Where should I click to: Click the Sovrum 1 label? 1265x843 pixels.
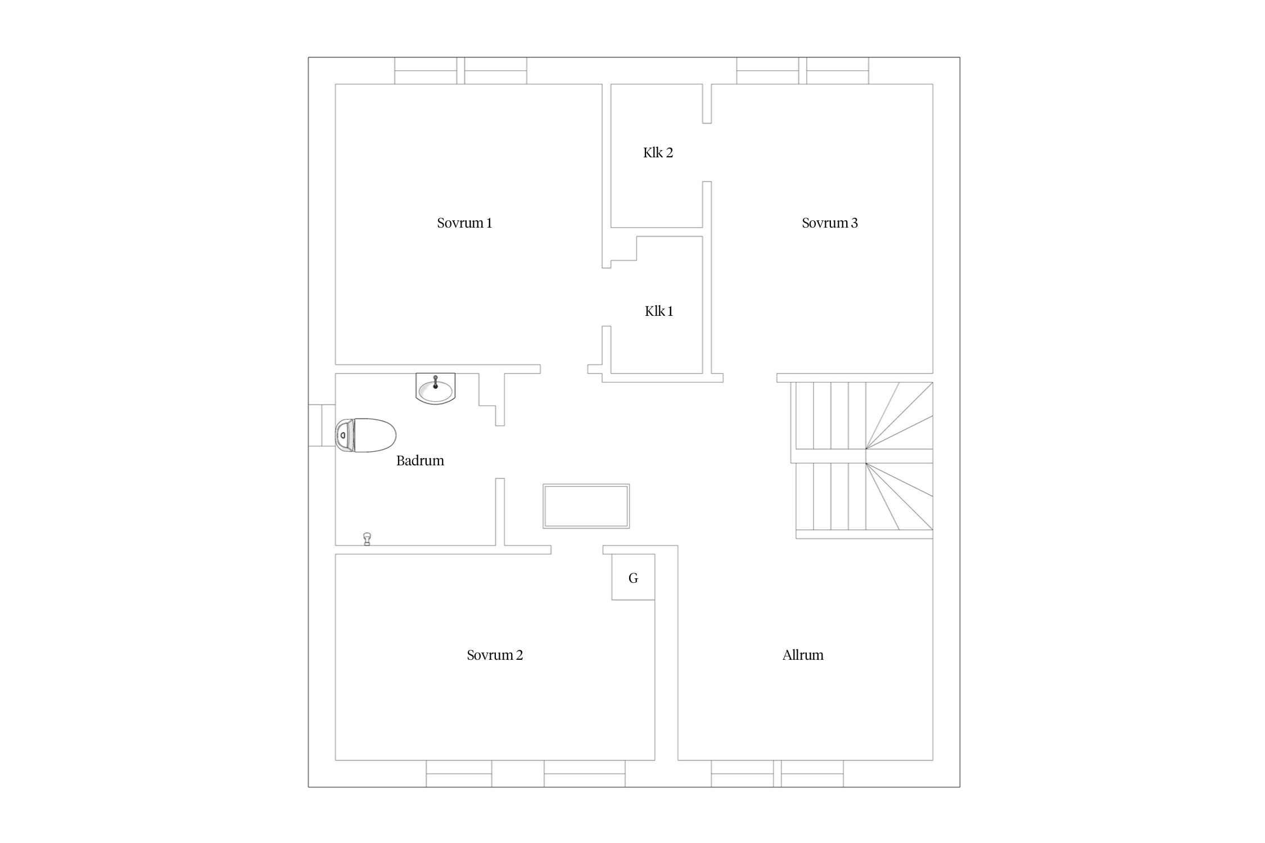click(464, 223)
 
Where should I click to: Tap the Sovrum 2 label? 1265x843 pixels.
click(495, 655)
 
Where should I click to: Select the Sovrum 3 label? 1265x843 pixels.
click(830, 223)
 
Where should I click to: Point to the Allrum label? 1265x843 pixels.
click(803, 655)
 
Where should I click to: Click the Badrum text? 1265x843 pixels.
click(420, 461)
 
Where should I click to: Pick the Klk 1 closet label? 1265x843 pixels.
click(659, 311)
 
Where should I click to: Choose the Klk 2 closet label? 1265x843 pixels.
click(658, 153)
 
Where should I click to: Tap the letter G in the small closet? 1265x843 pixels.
click(633, 578)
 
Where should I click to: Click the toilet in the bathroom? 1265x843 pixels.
click(365, 435)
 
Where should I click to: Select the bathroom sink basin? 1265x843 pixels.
click(436, 388)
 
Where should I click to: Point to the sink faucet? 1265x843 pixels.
click(435, 382)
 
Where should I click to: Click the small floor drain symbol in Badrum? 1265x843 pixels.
click(367, 539)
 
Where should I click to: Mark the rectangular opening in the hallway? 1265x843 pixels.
click(586, 506)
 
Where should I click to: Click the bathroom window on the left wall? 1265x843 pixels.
click(322, 425)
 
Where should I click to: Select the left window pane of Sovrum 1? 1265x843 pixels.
click(426, 71)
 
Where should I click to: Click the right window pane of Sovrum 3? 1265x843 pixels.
click(838, 71)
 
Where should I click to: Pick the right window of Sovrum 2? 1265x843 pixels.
click(585, 774)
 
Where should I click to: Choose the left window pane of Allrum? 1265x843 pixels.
click(742, 774)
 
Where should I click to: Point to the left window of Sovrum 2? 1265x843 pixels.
click(459, 774)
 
